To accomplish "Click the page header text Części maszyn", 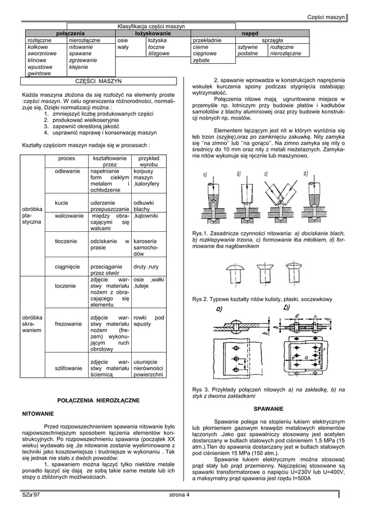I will coord(326,17).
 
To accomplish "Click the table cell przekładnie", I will coord(208,41).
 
